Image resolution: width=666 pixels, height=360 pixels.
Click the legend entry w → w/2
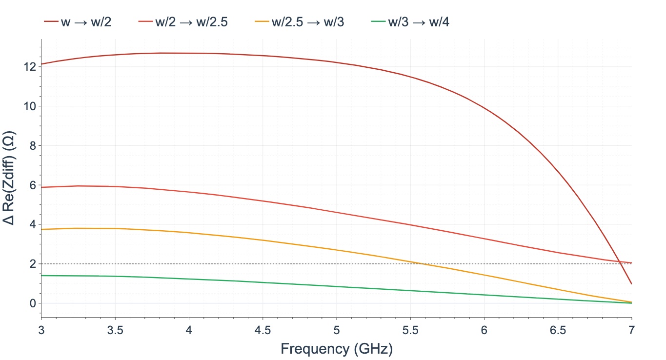78,22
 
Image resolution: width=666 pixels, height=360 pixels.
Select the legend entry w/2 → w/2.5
183,22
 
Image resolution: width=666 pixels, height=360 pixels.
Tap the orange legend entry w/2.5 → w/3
300,22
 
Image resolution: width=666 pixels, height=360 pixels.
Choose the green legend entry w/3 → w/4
410,22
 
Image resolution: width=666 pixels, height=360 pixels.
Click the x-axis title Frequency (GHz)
337,349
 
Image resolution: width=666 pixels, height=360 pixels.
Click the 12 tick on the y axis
30,67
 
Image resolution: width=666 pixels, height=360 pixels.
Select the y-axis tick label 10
30,106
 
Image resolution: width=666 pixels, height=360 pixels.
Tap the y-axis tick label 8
33,146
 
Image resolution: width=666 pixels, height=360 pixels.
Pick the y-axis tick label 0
33,303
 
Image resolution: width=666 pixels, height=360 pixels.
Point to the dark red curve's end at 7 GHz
631,284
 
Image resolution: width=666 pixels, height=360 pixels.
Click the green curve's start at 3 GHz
41,276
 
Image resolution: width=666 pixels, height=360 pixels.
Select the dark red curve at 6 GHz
484,107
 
